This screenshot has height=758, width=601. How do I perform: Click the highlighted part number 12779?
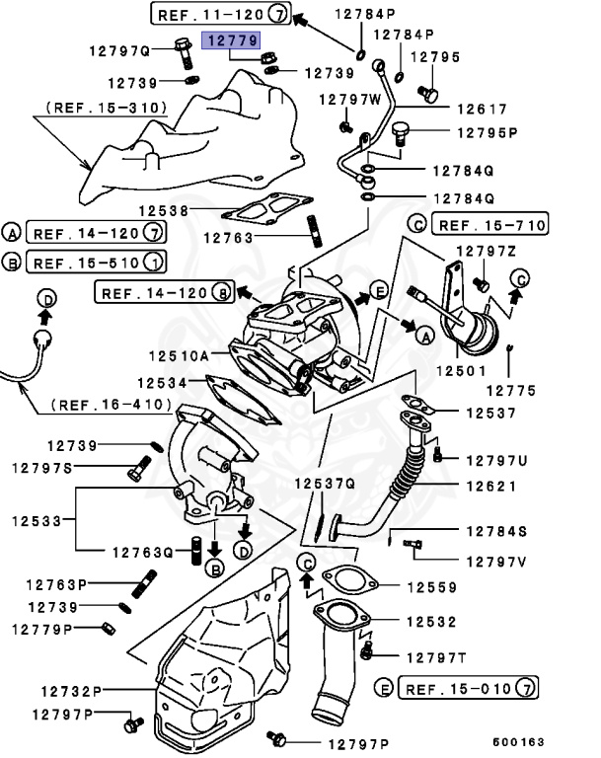231,40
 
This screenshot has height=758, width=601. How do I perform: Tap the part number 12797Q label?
117,49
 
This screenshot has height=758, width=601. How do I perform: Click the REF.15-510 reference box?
96,262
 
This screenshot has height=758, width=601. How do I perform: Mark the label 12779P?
45,628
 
